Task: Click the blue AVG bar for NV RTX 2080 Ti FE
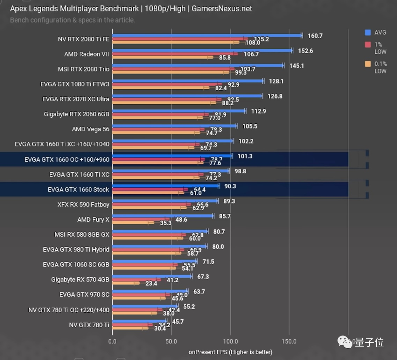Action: coord(206,36)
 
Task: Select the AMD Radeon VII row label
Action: coord(87,54)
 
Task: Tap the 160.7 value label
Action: coord(315,36)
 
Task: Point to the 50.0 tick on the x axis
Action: coord(171,341)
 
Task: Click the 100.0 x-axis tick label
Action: coord(230,341)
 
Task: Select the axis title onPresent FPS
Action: coord(230,352)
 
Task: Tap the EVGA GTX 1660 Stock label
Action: coord(78,190)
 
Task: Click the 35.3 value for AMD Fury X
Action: coord(165,223)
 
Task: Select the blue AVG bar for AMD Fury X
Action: coord(162,216)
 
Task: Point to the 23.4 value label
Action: coord(151,283)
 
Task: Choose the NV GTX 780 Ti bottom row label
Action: coord(89,325)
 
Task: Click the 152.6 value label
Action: coord(305,51)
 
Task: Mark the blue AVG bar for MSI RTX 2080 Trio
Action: coord(198,66)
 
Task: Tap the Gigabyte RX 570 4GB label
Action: coord(80,280)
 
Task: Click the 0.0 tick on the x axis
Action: coord(112,341)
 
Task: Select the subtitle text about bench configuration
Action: coord(72,20)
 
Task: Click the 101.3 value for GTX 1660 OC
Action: coord(245,156)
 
